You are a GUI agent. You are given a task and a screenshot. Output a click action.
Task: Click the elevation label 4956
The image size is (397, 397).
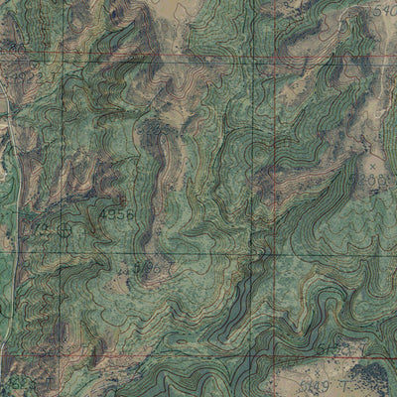(116, 214)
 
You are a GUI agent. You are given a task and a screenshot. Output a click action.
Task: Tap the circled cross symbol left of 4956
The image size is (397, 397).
(66, 229)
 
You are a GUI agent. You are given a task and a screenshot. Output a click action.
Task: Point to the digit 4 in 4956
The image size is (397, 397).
(103, 214)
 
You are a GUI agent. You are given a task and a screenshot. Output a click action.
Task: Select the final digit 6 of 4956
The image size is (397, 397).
(129, 214)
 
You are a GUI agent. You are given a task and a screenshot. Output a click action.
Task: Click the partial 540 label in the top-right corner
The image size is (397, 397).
(380, 10)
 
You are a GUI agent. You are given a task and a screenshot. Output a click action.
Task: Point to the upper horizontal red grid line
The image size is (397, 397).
(149, 61)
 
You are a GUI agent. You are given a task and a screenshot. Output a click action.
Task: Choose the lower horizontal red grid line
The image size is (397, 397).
(149, 354)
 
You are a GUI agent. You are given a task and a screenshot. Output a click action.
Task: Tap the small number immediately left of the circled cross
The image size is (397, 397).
(41, 229)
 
